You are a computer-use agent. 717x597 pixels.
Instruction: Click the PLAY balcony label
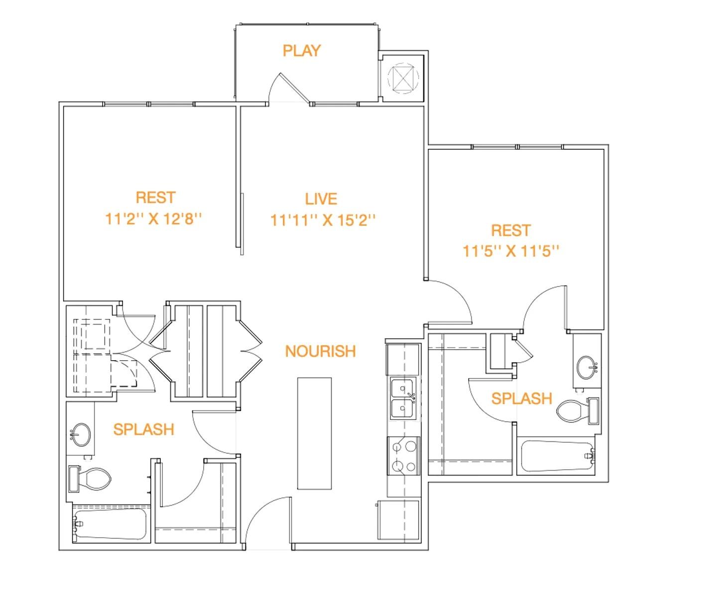click(x=301, y=51)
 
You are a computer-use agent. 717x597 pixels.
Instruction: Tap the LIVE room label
click(x=321, y=199)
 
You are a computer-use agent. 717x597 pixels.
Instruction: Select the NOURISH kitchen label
click(x=320, y=351)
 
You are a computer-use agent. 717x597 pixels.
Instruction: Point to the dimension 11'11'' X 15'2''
click(x=322, y=220)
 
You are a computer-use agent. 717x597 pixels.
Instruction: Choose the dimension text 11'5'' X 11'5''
click(x=511, y=251)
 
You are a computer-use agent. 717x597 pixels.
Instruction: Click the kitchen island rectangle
click(x=314, y=433)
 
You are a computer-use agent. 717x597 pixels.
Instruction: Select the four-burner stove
click(x=403, y=456)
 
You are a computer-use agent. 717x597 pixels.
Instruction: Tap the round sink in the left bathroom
click(x=80, y=434)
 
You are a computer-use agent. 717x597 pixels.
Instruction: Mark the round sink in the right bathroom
click(x=588, y=368)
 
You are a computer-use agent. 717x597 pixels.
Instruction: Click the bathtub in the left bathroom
click(x=110, y=524)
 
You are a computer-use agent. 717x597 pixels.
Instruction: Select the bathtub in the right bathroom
click(x=557, y=456)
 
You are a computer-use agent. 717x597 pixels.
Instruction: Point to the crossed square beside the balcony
click(x=403, y=78)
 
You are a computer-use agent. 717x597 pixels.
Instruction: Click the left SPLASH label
click(x=143, y=429)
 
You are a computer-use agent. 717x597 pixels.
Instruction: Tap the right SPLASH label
click(x=521, y=398)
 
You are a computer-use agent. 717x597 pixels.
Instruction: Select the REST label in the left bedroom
click(x=155, y=198)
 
